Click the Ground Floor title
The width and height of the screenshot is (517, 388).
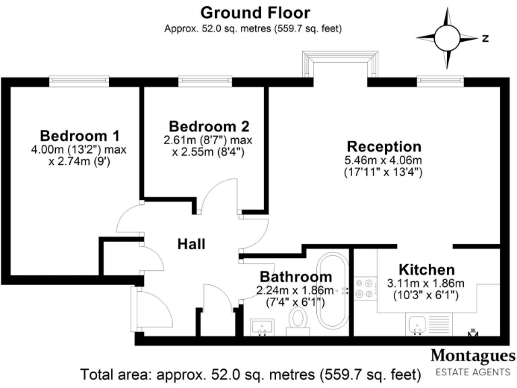[255, 12]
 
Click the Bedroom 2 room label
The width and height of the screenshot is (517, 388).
[209, 126]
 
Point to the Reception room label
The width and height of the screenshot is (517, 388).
[384, 146]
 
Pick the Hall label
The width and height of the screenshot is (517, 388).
[191, 244]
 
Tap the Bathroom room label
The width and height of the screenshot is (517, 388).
[296, 277]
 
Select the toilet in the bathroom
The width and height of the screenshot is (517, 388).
[297, 321]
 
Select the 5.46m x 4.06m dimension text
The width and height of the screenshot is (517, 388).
[384, 160]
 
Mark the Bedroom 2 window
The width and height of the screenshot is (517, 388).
[205, 81]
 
